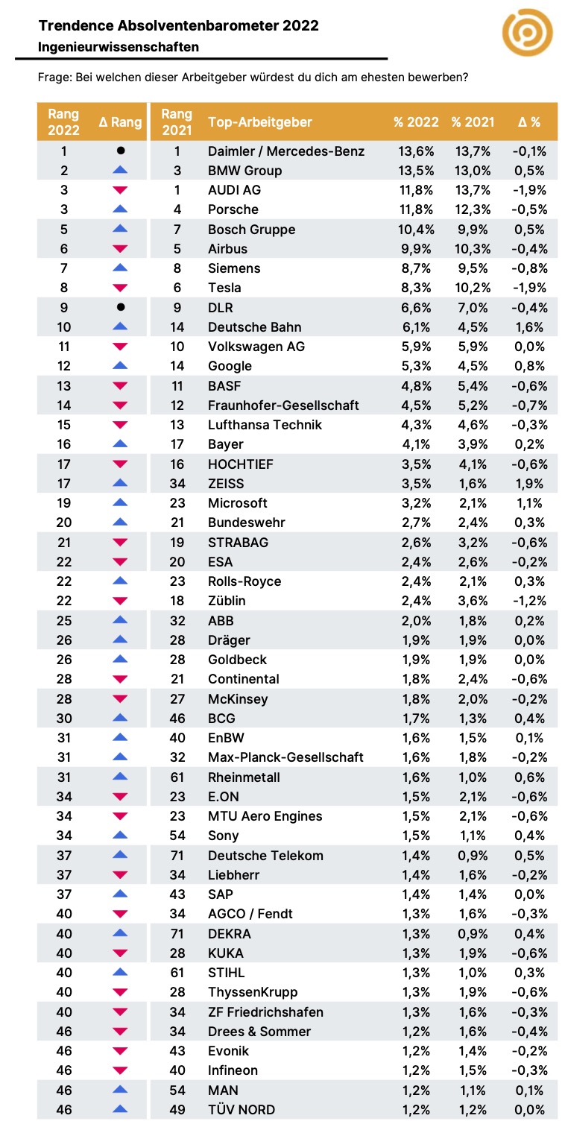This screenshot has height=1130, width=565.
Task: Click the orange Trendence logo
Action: pyautogui.click(x=527, y=32)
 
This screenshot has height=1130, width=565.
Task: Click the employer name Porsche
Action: pyautogui.click(x=233, y=209)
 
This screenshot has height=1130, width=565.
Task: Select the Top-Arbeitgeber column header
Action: pyautogui.click(x=260, y=122)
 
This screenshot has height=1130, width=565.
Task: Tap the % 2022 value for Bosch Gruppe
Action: pyautogui.click(x=416, y=230)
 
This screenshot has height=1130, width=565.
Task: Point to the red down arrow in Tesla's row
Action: pyautogui.click(x=120, y=288)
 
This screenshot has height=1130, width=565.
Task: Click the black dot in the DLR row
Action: pyautogui.click(x=121, y=306)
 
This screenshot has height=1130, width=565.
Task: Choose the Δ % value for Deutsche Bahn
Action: pyautogui.click(x=529, y=327)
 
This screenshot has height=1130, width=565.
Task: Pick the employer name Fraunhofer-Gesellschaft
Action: pyautogui.click(x=283, y=405)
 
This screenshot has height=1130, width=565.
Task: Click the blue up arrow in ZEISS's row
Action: pyautogui.click(x=120, y=483)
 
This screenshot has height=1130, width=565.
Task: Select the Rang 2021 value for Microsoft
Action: pyautogui.click(x=177, y=503)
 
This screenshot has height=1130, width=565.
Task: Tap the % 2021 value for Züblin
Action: pyautogui.click(x=473, y=601)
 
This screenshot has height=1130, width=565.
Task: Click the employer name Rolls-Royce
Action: pyautogui.click(x=244, y=581)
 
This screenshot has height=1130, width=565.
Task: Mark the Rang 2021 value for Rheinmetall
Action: pyautogui.click(x=177, y=777)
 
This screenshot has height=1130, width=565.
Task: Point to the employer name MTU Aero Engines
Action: pyautogui.click(x=265, y=816)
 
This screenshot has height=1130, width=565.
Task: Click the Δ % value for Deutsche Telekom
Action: pyautogui.click(x=529, y=856)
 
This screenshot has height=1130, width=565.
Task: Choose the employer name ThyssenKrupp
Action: pyautogui.click(x=253, y=992)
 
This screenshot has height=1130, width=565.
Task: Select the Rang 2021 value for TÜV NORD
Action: pyautogui.click(x=177, y=1110)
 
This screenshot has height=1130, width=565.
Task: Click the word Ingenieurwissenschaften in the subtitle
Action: pyautogui.click(x=119, y=47)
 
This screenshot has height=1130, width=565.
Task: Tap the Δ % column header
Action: pyautogui.click(x=529, y=122)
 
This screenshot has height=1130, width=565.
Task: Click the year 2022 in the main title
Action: pyautogui.click(x=300, y=25)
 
